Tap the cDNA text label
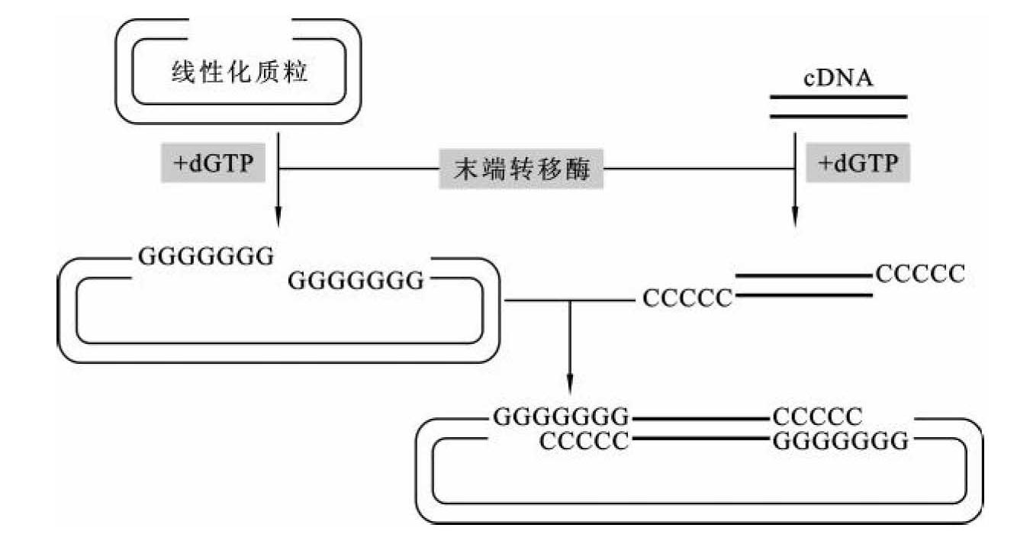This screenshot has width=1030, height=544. [838, 79]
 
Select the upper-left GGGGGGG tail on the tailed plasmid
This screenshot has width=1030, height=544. [205, 257]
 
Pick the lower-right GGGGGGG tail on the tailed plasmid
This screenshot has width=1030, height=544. [355, 282]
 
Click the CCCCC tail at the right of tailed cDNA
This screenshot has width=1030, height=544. [920, 272]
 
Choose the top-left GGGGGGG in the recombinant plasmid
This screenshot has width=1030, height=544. [561, 417]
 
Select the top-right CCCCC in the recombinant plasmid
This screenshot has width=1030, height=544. [817, 417]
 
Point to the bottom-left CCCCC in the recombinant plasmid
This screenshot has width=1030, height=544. [584, 441]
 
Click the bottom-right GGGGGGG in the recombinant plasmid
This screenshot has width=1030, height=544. [840, 441]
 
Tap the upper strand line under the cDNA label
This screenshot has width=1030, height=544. [838, 98]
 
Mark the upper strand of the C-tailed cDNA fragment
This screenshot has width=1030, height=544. [803, 275]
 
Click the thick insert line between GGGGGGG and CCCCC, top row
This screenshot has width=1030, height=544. [700, 418]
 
